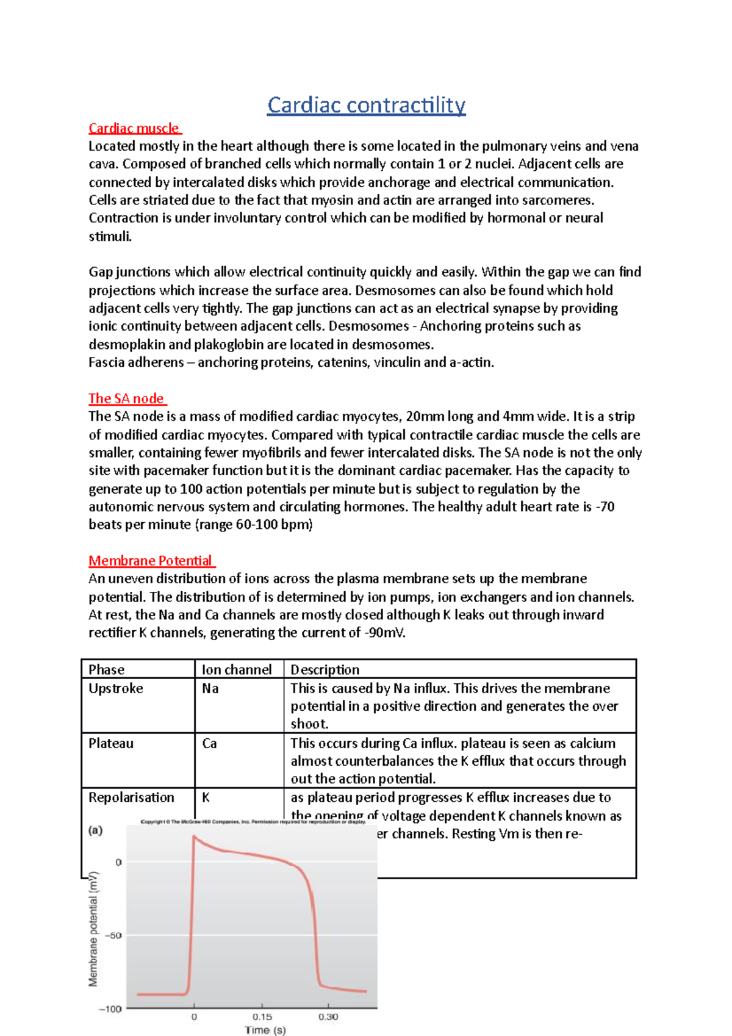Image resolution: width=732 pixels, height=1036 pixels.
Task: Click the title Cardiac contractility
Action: click(366, 105)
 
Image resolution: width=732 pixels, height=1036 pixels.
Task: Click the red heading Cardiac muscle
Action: click(134, 128)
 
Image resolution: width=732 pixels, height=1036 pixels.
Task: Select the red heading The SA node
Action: click(126, 398)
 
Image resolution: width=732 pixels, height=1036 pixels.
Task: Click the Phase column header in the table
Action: click(106, 669)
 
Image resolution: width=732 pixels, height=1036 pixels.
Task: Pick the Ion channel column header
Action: click(237, 669)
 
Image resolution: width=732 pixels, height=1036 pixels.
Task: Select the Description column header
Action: click(325, 669)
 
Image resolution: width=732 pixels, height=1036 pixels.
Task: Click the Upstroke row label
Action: click(116, 688)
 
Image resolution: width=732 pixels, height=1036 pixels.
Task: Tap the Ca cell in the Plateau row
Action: click(209, 743)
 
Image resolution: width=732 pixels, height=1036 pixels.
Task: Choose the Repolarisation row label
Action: click(131, 797)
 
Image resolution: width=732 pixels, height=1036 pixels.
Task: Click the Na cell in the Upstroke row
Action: click(210, 688)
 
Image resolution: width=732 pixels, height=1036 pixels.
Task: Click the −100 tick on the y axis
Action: click(110, 1009)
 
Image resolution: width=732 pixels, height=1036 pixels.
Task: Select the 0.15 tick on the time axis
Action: click(262, 1017)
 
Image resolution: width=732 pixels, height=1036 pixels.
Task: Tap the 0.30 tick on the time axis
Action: click(328, 1017)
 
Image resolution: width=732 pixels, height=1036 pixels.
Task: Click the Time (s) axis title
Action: click(265, 1030)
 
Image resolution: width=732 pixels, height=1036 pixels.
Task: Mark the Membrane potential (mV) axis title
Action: click(93, 929)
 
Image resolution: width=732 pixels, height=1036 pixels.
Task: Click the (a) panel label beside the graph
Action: click(96, 830)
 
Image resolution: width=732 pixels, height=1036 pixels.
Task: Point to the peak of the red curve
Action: click(194, 836)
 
